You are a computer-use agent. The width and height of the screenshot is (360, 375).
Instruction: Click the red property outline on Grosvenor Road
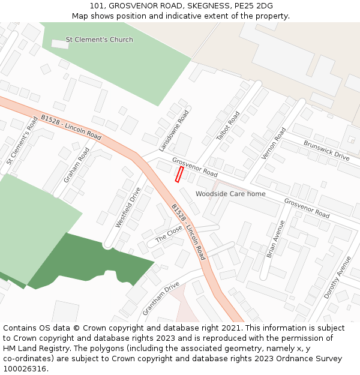[x=178, y=174]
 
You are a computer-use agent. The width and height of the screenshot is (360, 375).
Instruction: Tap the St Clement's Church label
[x=99, y=40]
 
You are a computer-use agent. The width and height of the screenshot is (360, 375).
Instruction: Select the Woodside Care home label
[x=230, y=194]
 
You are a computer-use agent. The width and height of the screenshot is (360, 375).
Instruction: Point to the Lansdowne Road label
[x=174, y=130]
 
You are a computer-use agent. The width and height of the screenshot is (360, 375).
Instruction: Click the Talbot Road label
[x=228, y=126]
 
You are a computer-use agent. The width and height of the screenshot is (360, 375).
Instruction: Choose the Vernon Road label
[x=274, y=143]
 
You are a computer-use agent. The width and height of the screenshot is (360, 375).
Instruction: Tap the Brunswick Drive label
[x=326, y=151]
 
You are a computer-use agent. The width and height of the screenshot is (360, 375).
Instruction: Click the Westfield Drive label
[x=128, y=208]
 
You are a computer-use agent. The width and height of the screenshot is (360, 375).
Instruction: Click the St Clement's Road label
[x=22, y=141]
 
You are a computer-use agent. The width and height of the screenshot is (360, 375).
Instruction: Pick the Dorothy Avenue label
[x=337, y=278]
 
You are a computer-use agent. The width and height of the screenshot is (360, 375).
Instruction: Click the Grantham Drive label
[x=161, y=299]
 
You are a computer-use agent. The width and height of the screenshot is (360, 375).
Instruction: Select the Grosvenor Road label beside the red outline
[x=194, y=167]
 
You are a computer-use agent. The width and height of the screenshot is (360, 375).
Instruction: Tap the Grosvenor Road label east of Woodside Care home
[x=307, y=208]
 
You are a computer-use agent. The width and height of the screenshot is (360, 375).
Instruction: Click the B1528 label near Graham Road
[x=71, y=127]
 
